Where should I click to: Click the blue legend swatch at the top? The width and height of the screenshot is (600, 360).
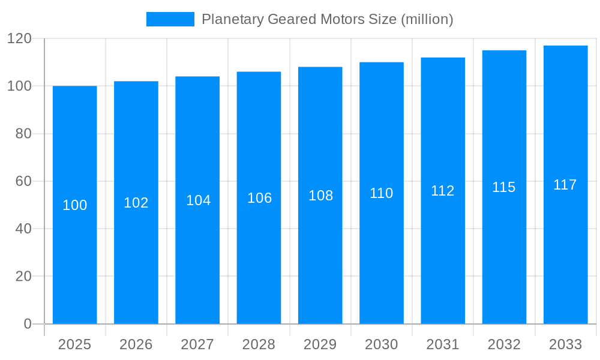point(170,19)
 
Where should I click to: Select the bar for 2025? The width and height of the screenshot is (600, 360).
point(75,252)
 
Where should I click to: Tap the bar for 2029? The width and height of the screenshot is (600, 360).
point(320,252)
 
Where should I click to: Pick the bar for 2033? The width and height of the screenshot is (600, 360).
point(565,252)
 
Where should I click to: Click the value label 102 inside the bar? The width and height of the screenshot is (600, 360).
point(136,203)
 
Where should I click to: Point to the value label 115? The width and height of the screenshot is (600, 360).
point(504,187)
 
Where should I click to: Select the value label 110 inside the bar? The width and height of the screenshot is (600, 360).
point(382,193)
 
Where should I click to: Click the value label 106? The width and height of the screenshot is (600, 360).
point(259,198)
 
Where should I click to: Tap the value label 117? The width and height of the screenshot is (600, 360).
point(565,185)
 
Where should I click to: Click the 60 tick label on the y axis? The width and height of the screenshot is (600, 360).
point(23,181)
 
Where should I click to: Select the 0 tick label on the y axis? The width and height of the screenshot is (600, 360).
point(28,324)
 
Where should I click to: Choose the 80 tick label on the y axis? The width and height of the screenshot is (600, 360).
point(23,134)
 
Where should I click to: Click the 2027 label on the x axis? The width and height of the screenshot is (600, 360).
point(197,344)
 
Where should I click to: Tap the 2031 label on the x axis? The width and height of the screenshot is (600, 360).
point(443,344)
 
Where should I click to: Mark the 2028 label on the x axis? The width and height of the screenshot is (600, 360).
point(259,344)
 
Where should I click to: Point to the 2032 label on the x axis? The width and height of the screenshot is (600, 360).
point(504,344)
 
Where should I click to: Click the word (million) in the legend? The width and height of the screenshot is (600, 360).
point(427,19)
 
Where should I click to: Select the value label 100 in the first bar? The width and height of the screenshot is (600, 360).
point(75,205)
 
